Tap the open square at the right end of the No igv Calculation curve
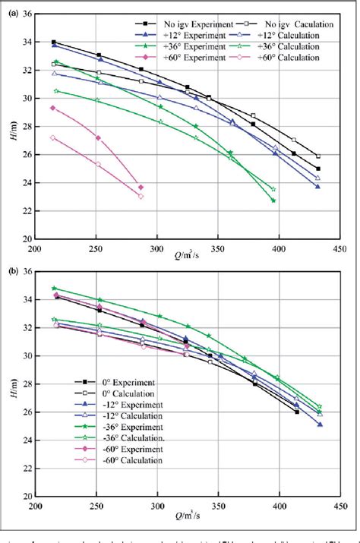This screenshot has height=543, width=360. (x=318, y=156)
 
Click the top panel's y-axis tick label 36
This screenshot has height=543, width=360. (x=26, y=15)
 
